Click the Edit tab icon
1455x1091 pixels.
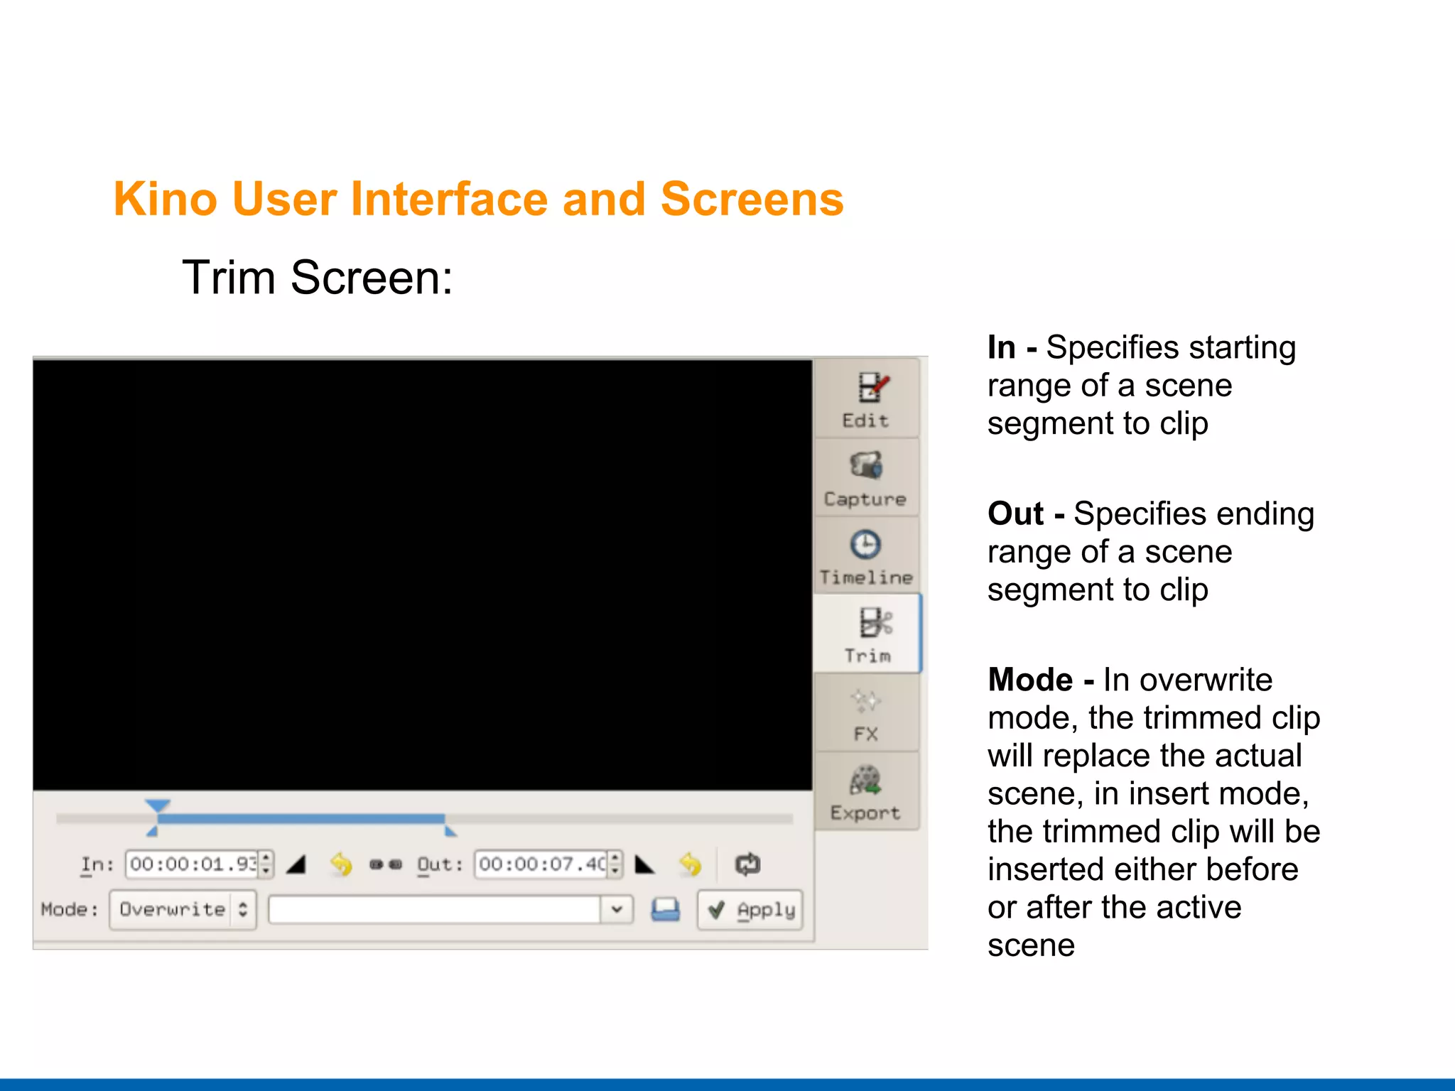871,389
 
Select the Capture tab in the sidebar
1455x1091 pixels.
865,478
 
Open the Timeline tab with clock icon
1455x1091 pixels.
865,556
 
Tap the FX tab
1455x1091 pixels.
865,714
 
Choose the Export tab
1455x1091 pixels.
865,792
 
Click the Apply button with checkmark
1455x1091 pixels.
751,910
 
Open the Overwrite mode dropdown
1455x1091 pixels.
183,910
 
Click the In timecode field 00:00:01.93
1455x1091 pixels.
193,864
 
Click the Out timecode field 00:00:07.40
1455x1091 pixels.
541,864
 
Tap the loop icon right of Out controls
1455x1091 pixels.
747,864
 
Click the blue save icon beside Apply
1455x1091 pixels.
665,910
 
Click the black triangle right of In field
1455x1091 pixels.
296,864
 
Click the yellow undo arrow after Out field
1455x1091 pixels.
690,864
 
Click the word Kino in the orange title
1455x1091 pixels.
165,199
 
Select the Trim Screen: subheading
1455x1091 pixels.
317,277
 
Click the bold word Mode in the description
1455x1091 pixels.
1030,680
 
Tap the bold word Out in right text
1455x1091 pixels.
1015,514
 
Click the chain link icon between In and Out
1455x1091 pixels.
386,864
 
